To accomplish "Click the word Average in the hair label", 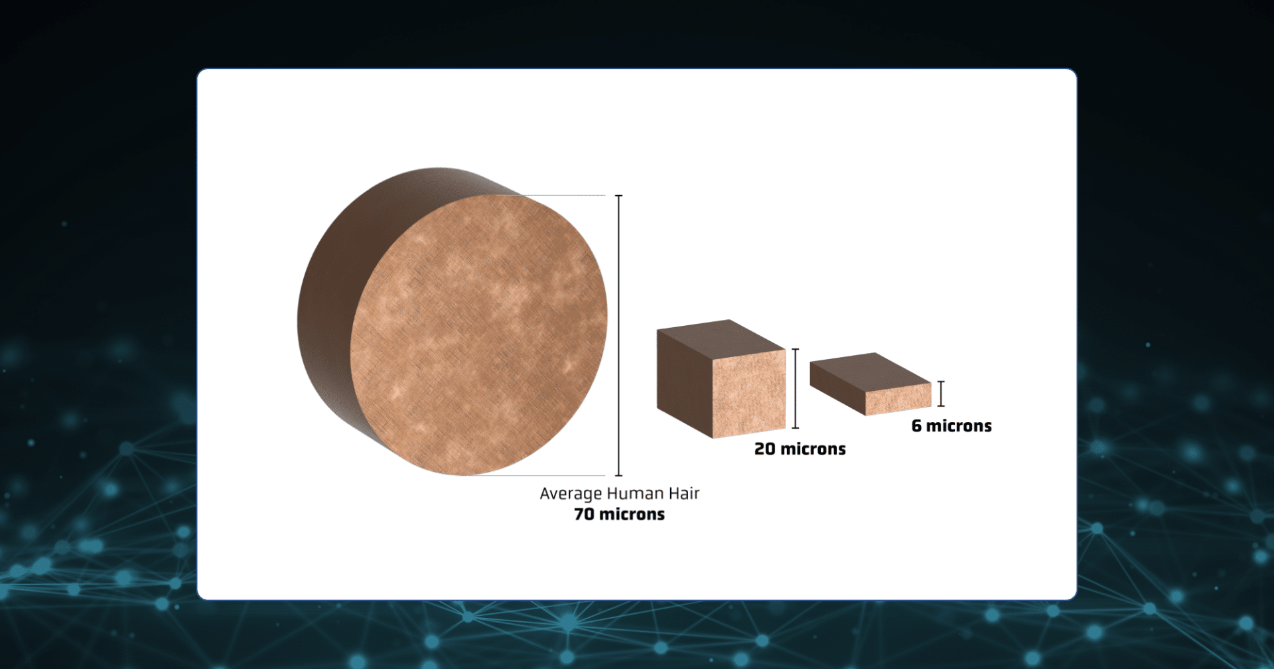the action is [569, 494].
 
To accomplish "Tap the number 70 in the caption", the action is [584, 514].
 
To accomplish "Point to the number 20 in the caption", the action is [765, 449].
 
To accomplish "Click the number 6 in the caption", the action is [916, 426].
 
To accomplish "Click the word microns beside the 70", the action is [632, 514].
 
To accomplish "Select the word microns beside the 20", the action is [814, 449].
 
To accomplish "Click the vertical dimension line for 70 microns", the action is [619, 336].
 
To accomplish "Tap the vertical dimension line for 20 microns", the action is [796, 388].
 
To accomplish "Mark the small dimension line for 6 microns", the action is [941, 394].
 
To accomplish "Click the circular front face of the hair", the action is [478, 335].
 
